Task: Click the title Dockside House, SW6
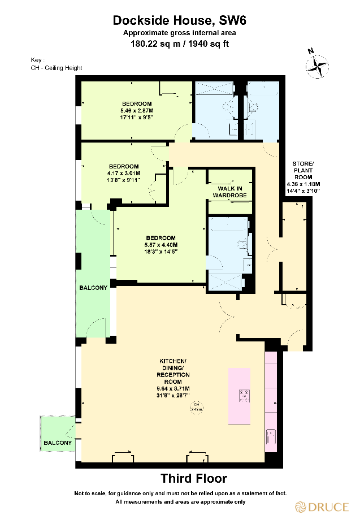point(180,21)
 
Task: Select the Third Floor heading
point(194,479)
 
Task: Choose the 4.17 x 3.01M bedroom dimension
point(124,173)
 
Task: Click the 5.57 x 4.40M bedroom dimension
point(161,245)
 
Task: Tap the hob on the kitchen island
point(245,396)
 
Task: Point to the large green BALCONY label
point(93,288)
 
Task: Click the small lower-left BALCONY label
point(58,443)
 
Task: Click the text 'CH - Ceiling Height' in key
point(57,68)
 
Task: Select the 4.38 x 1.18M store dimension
point(303,184)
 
